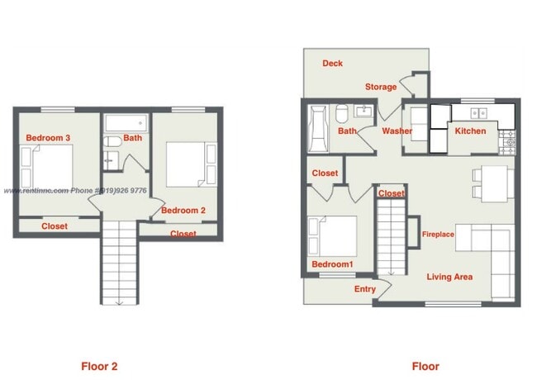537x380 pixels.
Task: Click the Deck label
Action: [x=333, y=64]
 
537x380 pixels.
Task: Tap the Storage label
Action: [x=381, y=87]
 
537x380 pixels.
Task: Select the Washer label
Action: [x=397, y=131]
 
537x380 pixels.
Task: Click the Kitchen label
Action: [x=471, y=131]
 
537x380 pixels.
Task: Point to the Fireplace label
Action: [x=438, y=235]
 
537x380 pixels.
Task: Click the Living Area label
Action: [x=449, y=277]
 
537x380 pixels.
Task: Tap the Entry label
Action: [x=364, y=289]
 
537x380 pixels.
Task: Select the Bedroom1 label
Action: [x=332, y=264]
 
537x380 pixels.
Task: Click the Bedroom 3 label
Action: [x=45, y=137]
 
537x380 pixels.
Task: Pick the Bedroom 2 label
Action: [x=183, y=211]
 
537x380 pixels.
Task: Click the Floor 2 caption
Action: [x=99, y=366]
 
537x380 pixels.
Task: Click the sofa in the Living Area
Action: [x=492, y=256]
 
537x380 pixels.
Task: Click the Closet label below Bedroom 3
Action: [x=55, y=226]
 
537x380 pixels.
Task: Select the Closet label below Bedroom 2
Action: [x=183, y=235]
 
